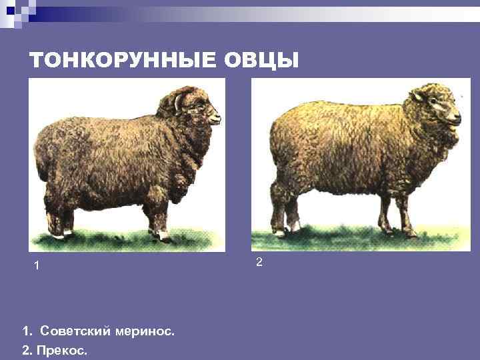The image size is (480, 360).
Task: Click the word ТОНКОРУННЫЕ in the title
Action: [121, 61]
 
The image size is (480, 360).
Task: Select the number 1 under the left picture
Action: [37, 266]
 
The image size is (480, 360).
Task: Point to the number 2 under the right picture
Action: [259, 263]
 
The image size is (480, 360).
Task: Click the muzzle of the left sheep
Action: [215, 118]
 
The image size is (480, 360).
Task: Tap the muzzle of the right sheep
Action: [455, 118]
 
